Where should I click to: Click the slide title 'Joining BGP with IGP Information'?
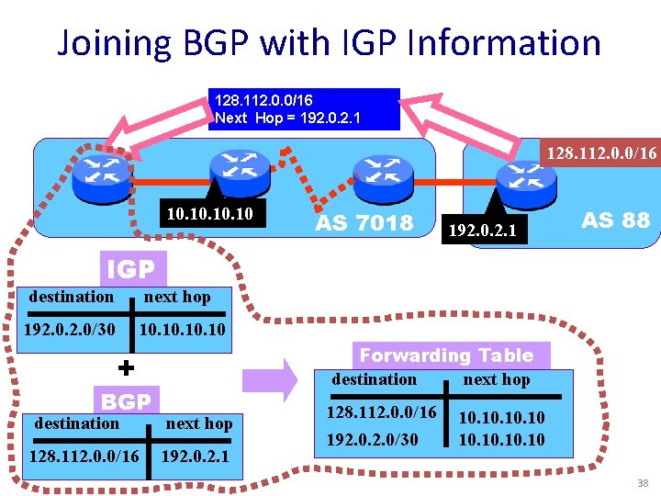329,43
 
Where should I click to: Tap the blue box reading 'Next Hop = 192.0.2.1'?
303,109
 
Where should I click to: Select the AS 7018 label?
364,222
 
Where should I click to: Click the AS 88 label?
615,220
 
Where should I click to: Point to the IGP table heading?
131,269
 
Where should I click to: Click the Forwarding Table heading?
446,355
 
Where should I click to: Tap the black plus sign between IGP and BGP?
127,367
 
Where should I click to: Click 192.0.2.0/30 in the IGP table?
71,329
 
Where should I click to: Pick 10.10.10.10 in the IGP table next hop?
181,329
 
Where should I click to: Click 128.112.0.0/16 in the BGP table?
84,457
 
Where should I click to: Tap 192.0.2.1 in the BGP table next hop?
196,457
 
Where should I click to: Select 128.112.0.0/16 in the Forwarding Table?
382,414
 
